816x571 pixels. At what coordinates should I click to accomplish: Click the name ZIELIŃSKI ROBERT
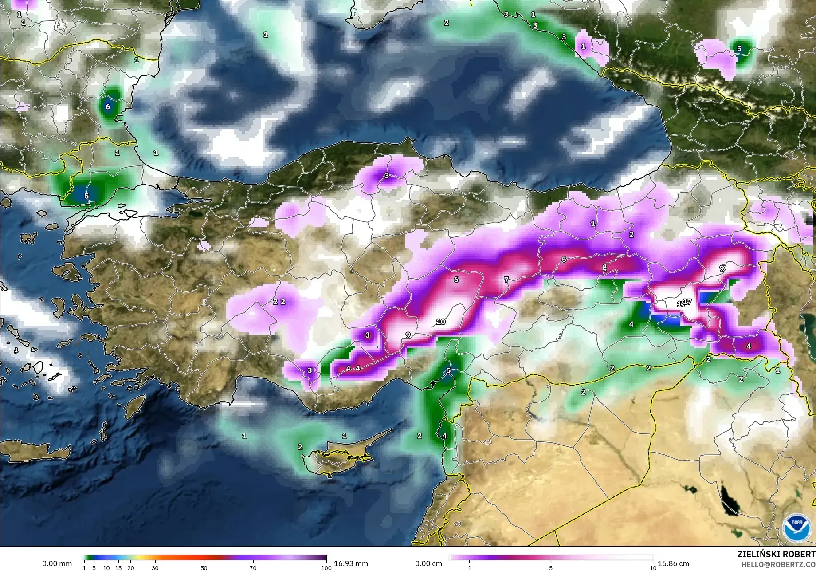[776, 555]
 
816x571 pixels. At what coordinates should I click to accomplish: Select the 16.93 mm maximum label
[351, 563]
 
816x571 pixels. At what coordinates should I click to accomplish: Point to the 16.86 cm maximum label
[673, 563]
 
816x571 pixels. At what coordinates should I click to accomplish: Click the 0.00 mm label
[57, 563]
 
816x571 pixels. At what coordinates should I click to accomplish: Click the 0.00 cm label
[429, 563]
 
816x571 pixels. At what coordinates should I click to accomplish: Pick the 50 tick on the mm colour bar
[204, 567]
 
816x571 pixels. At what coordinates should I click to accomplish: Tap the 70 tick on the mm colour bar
[252, 567]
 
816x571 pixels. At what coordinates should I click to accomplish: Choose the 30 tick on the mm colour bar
[155, 567]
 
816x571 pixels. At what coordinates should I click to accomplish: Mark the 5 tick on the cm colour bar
[551, 567]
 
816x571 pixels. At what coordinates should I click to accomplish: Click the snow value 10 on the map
[441, 322]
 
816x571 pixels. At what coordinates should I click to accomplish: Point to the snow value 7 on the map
[506, 280]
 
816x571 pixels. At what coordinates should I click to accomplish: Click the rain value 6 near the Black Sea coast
[107, 107]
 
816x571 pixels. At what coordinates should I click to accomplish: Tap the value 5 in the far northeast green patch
[739, 49]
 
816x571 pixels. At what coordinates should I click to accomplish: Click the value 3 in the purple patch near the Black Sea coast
[386, 176]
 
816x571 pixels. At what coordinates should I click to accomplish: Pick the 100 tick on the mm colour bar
[326, 567]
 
